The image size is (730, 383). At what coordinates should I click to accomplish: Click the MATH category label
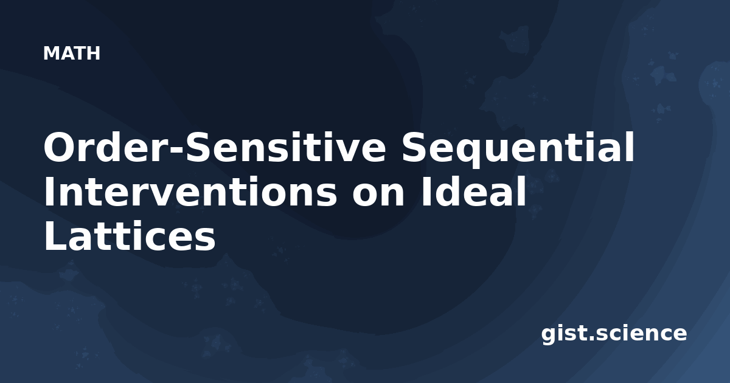pos(72,53)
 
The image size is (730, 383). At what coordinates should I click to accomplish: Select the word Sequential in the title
pos(518,150)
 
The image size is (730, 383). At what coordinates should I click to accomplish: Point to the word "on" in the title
pos(378,195)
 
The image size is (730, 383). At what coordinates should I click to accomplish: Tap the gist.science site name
pos(614,334)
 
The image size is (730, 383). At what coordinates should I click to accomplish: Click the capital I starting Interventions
pos(48,191)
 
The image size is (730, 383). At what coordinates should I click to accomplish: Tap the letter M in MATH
pos(51,53)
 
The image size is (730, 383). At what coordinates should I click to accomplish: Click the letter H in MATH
pos(94,53)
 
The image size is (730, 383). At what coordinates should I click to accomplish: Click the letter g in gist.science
pos(549,336)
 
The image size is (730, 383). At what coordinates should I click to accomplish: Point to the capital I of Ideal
pos(425,191)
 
